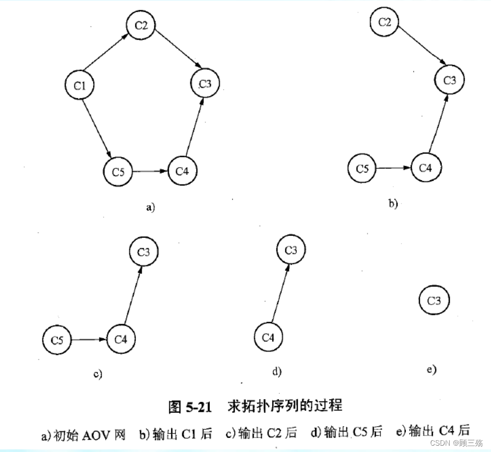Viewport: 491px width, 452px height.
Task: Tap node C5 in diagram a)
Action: pyautogui.click(x=118, y=171)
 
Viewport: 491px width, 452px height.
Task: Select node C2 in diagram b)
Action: pyautogui.click(x=385, y=22)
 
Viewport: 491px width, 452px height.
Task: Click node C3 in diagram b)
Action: pyautogui.click(x=449, y=80)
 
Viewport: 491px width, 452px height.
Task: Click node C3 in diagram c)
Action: pyautogui.click(x=144, y=252)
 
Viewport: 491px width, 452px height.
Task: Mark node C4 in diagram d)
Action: pyautogui.click(x=268, y=337)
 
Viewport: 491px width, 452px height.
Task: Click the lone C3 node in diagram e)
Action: pyautogui.click(x=433, y=301)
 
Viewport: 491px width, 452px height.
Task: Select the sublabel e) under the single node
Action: pyautogui.click(x=431, y=370)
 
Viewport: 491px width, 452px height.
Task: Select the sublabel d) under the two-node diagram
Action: pyautogui.click(x=276, y=372)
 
